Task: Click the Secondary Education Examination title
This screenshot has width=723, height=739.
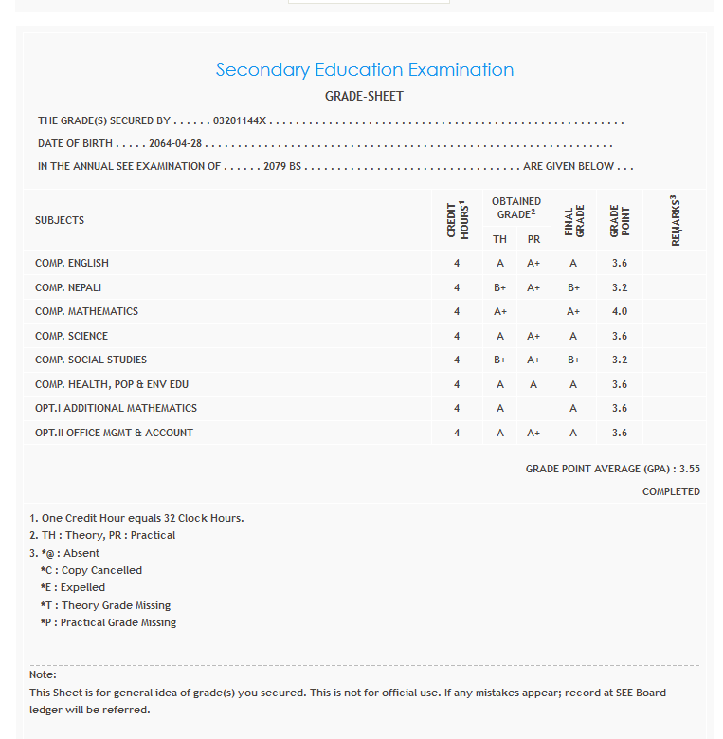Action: tap(365, 69)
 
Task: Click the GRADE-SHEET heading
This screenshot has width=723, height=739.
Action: tap(364, 97)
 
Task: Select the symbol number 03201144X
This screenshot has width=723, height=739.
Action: tap(241, 121)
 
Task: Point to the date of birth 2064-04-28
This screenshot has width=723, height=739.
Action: tap(177, 144)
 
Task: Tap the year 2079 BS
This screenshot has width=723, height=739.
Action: tap(281, 166)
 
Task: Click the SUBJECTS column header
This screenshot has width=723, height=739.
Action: tap(60, 220)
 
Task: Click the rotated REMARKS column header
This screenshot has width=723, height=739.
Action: tap(675, 221)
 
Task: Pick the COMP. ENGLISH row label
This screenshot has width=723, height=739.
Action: tap(72, 263)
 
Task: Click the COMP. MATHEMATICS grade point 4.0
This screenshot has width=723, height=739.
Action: tap(619, 311)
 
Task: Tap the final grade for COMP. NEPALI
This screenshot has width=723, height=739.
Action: tap(573, 287)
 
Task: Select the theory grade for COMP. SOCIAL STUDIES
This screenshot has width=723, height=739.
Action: tap(499, 360)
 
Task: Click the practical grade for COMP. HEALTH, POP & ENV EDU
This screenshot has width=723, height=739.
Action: tap(533, 384)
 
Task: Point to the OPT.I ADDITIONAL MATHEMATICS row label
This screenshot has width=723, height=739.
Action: tap(116, 408)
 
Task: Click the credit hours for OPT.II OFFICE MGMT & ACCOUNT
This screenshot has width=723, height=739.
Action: tap(457, 433)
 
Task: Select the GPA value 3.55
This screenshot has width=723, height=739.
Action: tap(689, 469)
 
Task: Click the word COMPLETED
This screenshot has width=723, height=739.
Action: tap(671, 491)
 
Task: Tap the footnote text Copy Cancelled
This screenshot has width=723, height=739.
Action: tap(101, 570)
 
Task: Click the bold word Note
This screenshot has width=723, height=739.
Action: tap(42, 674)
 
